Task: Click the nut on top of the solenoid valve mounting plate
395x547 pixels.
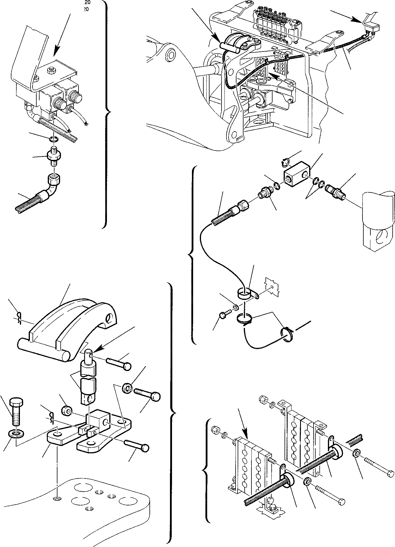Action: pos(52,70)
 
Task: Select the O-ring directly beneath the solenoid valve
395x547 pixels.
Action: pos(53,138)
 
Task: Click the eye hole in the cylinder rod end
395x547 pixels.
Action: pos(382,236)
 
